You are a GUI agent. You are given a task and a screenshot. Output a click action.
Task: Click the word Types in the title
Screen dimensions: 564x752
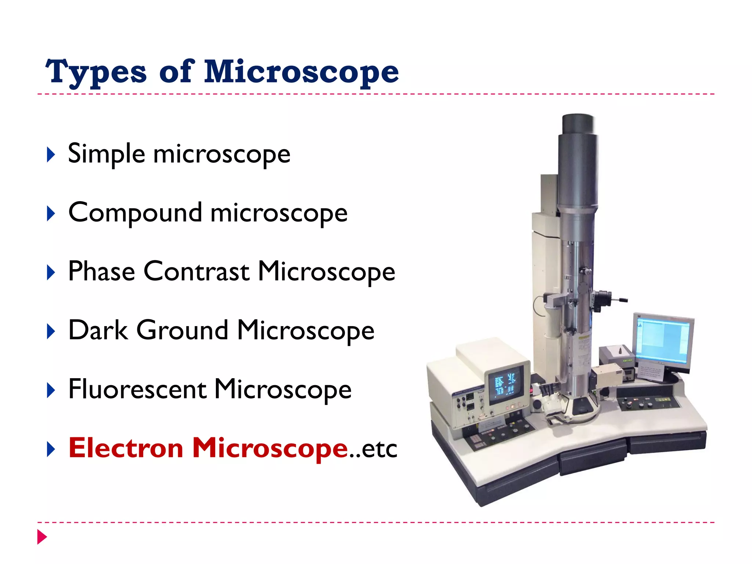[x=96, y=72]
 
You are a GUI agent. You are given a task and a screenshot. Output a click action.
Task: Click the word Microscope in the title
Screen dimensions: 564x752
[x=301, y=72]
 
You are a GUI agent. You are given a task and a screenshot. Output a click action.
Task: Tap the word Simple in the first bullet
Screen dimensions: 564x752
[x=106, y=154]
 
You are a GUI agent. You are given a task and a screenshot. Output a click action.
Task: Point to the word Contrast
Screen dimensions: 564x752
[x=196, y=272]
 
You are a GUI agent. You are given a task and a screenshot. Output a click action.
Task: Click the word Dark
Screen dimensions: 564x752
[x=98, y=330]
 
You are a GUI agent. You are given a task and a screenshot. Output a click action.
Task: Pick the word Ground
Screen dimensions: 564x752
[x=182, y=330]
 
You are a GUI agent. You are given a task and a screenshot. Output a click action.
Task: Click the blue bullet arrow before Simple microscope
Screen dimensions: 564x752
[x=51, y=155]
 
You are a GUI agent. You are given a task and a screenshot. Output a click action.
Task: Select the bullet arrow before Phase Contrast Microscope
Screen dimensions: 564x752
[x=51, y=273]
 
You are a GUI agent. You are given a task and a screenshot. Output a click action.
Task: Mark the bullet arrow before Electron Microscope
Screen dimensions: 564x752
[x=51, y=449]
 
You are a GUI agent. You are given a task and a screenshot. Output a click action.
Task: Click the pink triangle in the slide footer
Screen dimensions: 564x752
[x=42, y=537]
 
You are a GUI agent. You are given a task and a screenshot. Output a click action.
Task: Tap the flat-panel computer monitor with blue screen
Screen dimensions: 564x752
[x=663, y=340]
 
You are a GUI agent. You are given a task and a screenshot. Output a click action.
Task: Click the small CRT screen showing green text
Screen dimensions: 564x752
[x=506, y=384]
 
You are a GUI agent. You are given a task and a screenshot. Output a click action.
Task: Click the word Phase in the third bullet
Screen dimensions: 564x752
[x=102, y=272]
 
